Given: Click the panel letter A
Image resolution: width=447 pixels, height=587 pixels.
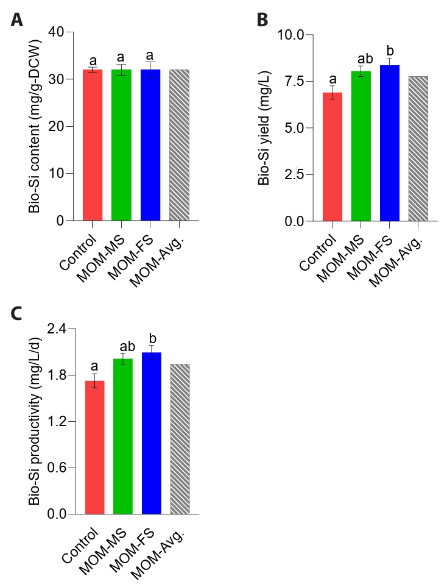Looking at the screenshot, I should tap(17, 20).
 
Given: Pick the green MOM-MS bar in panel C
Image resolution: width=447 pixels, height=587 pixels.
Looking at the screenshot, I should tap(123, 436).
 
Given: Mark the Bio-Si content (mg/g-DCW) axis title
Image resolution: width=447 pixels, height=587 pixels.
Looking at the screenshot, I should tap(34, 126).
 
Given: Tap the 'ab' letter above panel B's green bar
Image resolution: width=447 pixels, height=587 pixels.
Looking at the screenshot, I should tap(365, 59).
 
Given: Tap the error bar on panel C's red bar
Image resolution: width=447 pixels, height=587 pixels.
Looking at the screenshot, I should tap(94, 381).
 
